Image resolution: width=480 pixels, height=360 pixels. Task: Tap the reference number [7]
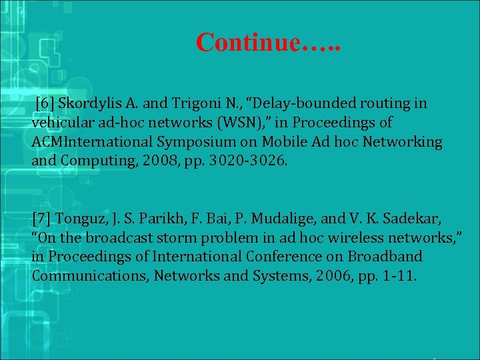click(42, 219)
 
